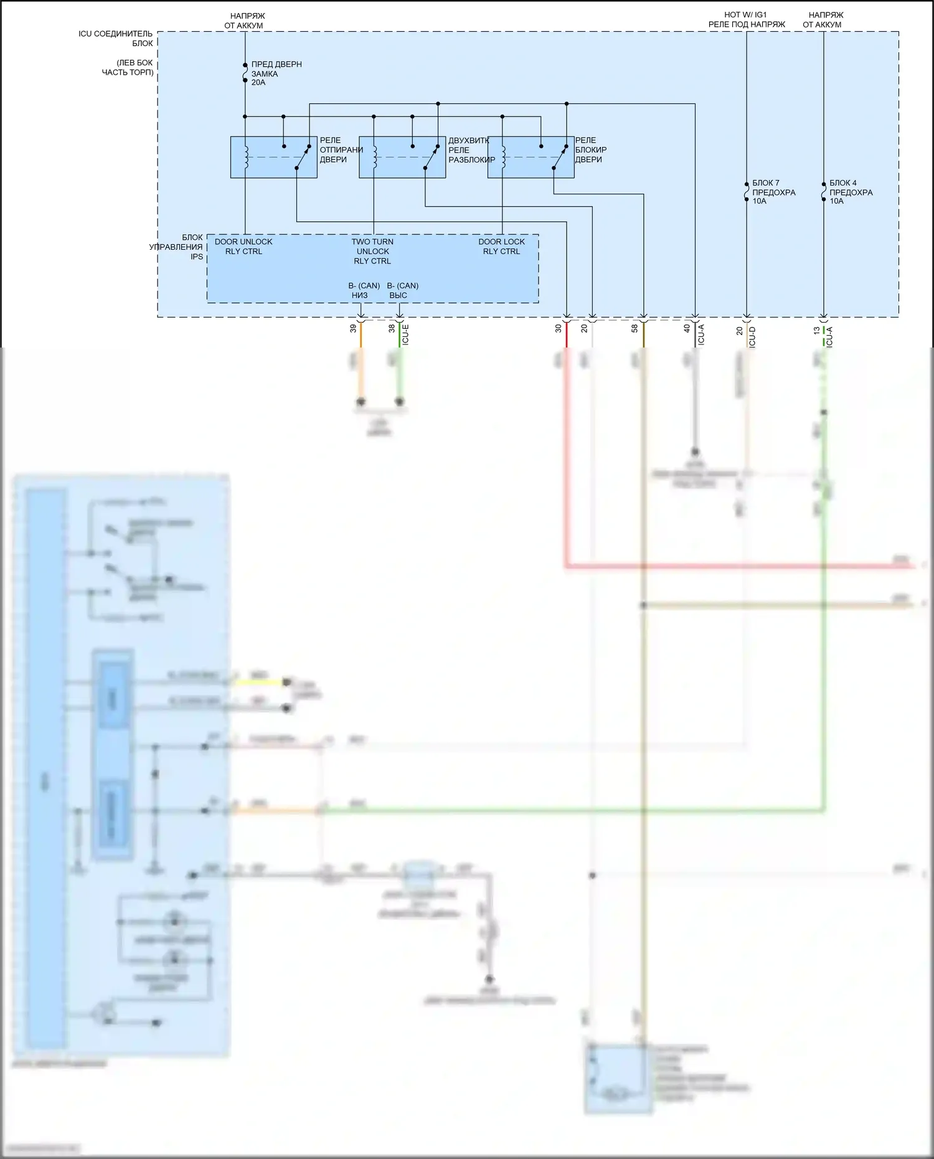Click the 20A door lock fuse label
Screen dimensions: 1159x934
pyautogui.click(x=276, y=73)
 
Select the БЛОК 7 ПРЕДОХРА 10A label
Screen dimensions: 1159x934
pyautogui.click(x=773, y=192)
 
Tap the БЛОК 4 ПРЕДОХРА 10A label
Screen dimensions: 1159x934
pyautogui.click(x=851, y=192)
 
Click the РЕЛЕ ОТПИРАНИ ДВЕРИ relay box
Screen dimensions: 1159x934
pyautogui.click(x=273, y=157)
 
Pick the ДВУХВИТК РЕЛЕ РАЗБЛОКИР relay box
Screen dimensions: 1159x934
pyautogui.click(x=402, y=157)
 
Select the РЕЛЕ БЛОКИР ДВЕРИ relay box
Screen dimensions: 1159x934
pyautogui.click(x=531, y=157)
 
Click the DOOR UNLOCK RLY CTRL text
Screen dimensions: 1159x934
pyautogui.click(x=243, y=247)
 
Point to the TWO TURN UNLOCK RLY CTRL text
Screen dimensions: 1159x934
pyautogui.click(x=372, y=251)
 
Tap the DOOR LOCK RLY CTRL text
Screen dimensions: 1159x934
pyautogui.click(x=501, y=247)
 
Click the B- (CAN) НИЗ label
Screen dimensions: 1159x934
pyautogui.click(x=364, y=290)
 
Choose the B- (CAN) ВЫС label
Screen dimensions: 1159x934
pyautogui.click(x=402, y=290)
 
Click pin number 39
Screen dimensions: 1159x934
pyautogui.click(x=353, y=328)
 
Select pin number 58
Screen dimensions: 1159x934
pyautogui.click(x=634, y=328)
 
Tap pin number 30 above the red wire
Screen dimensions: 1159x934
pyautogui.click(x=559, y=328)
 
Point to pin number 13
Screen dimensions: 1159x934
pyautogui.click(x=816, y=331)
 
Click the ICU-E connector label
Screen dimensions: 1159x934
pyautogui.click(x=405, y=334)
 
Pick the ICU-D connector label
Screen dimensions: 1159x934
pyautogui.click(x=752, y=336)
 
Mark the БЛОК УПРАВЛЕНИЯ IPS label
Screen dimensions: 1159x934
pyautogui.click(x=177, y=247)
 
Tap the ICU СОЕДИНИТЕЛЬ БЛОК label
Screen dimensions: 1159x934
pyautogui.click(x=116, y=39)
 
